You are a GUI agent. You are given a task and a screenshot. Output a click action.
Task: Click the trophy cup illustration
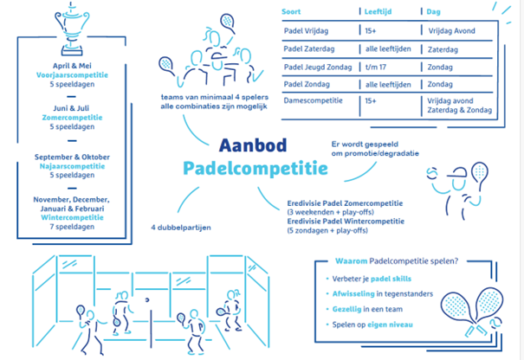pyautogui.click(x=72, y=29)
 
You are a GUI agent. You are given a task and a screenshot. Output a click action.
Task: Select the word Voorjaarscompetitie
pyautogui.click(x=72, y=75)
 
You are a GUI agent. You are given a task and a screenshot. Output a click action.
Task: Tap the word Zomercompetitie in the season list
pyautogui.click(x=72, y=118)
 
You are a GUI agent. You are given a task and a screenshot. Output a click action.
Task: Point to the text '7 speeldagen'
pyautogui.click(x=72, y=227)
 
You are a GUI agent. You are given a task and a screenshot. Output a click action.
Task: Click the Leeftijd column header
pyautogui.click(x=378, y=12)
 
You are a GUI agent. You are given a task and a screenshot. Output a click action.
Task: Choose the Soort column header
pyautogui.click(x=291, y=12)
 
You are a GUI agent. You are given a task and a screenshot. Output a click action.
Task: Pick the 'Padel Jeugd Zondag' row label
pyautogui.click(x=318, y=67)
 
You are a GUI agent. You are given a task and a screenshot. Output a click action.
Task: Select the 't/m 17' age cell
pyautogui.click(x=376, y=67)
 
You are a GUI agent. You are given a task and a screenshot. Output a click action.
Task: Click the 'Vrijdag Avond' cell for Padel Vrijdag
pyautogui.click(x=452, y=31)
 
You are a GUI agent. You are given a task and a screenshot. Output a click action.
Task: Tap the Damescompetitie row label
pyautogui.click(x=314, y=100)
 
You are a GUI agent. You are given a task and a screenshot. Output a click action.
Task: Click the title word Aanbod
pyautogui.click(x=253, y=145)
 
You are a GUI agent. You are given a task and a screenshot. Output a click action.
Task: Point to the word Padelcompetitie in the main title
pyautogui.click(x=256, y=168)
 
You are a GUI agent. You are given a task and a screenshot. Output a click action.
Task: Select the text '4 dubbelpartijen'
pyautogui.click(x=181, y=228)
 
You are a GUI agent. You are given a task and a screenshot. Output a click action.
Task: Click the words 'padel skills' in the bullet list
pyautogui.click(x=391, y=279)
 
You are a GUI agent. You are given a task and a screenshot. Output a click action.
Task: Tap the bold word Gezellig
pyautogui.click(x=347, y=309)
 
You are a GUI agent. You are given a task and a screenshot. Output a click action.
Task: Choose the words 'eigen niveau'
pyautogui.click(x=390, y=325)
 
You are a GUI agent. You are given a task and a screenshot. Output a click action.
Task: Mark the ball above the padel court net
pyautogui.click(x=147, y=299)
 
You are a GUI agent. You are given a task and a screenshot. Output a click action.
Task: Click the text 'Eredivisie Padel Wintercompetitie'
pyautogui.click(x=346, y=221)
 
